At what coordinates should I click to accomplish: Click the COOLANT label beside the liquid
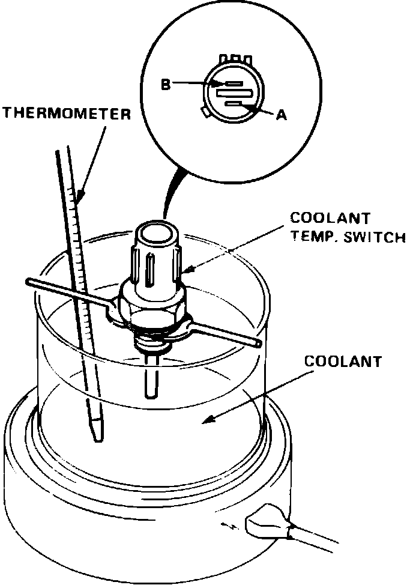(343, 362)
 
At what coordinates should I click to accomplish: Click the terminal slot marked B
(234, 85)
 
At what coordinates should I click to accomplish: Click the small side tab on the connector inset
(206, 112)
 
